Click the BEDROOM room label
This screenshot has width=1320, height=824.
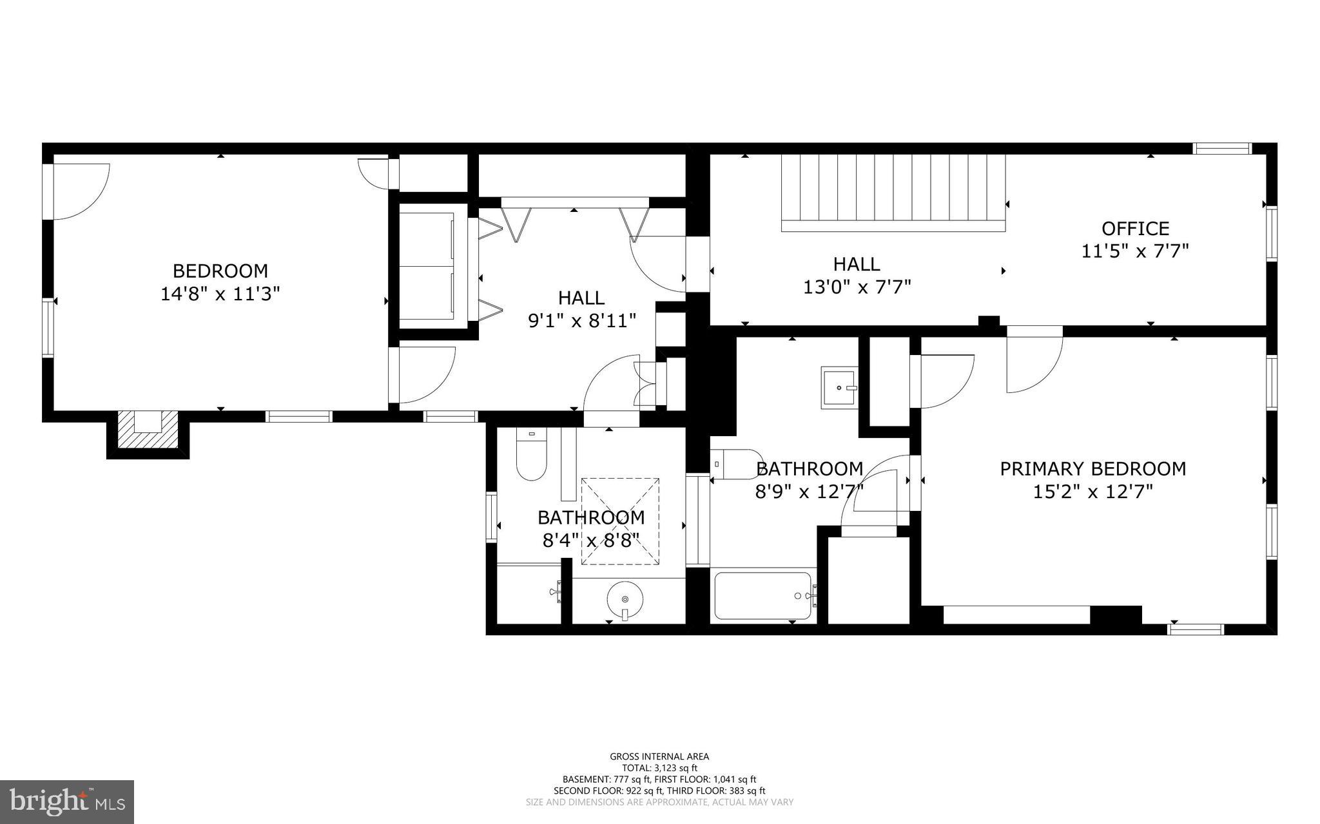[220, 271]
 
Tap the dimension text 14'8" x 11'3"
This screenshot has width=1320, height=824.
[220, 294]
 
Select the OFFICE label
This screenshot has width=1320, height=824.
[1135, 229]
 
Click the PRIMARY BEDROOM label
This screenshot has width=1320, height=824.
[1092, 468]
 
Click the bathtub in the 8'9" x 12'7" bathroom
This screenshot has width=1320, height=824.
[762, 596]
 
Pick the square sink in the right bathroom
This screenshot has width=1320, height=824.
[839, 388]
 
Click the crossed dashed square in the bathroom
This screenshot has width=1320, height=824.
[620, 521]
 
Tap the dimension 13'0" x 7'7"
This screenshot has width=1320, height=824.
[857, 287]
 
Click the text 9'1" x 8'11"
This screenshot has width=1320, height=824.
[582, 321]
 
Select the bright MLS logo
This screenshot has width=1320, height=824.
[67, 802]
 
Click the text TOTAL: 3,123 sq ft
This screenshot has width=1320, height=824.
[659, 768]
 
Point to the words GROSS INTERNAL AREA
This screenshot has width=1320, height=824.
[659, 756]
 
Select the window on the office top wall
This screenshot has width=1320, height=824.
[1222, 149]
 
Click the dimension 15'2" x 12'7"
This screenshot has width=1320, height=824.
[1092, 492]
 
